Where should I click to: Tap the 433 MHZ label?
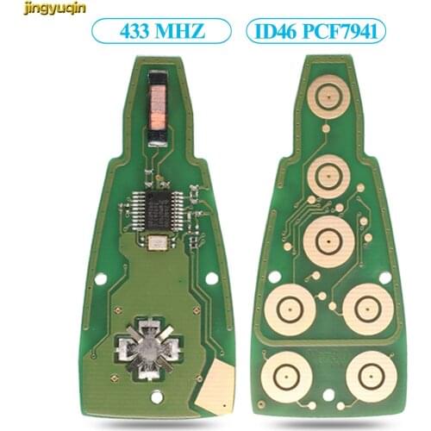[x=162, y=33]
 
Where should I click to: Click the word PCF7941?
[x=345, y=33]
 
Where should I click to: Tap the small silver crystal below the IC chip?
[x=158, y=243]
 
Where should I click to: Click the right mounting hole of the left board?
[x=214, y=280]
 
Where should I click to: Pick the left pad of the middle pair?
[x=287, y=308]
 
